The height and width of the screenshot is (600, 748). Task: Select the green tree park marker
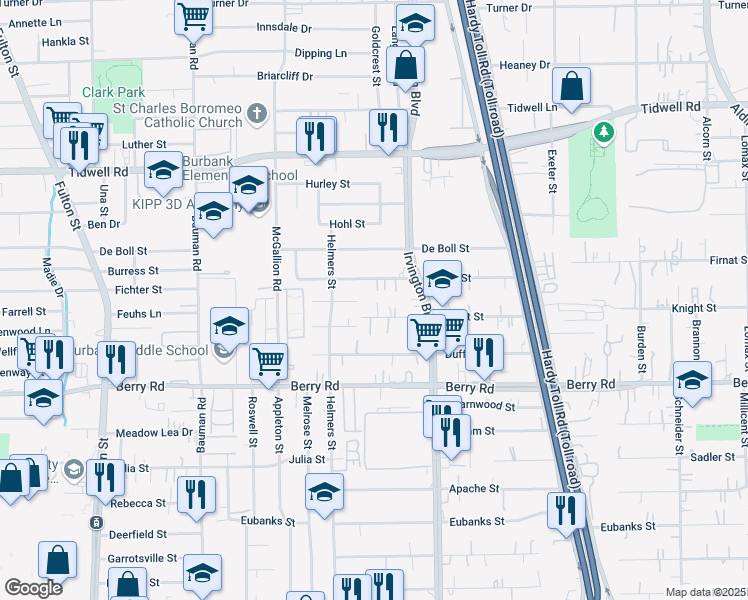pyautogui.click(x=602, y=132)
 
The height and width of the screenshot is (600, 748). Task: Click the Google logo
pyautogui.click(x=34, y=588)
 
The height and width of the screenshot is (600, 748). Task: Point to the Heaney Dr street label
pyautogui.click(x=525, y=65)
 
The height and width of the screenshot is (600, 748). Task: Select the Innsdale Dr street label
pyautogui.click(x=284, y=28)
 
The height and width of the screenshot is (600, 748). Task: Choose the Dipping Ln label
pyautogui.click(x=321, y=53)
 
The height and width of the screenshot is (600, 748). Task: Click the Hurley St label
pyautogui.click(x=327, y=184)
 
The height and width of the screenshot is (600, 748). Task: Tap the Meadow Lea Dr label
pyautogui.click(x=154, y=432)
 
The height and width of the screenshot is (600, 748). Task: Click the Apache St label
pyautogui.click(x=473, y=489)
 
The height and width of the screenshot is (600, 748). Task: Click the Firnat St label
pyautogui.click(x=727, y=260)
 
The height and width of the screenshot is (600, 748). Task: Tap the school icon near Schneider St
pyautogui.click(x=692, y=380)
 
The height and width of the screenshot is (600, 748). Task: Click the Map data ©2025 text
pyautogui.click(x=705, y=592)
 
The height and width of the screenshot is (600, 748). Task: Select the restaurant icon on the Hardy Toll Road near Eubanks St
pyautogui.click(x=567, y=511)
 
